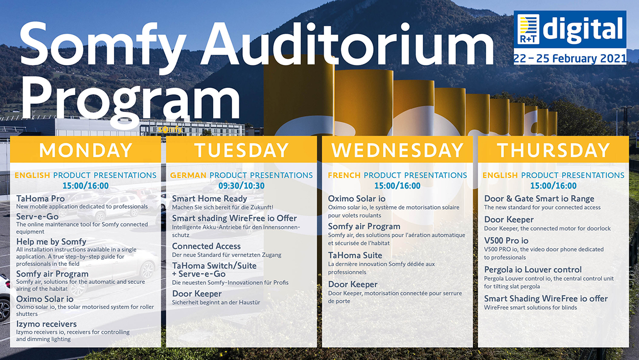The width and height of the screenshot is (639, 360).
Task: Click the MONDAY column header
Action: [85, 150]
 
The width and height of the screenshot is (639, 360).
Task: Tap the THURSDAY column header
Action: [554, 150]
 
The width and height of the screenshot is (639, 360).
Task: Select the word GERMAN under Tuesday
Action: [188, 175]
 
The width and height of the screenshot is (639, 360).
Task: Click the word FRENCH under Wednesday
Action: [344, 175]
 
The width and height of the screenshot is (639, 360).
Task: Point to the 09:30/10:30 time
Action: [241, 186]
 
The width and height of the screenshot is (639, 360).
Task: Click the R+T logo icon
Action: [529, 29]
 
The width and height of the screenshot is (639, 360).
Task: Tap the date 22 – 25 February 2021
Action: [570, 58]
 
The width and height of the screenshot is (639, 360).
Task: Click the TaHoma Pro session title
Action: [40, 198]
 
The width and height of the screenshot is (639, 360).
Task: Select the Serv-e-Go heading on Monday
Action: [37, 216]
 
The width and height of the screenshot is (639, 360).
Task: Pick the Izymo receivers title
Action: [47, 324]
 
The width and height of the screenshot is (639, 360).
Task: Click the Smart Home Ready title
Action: [210, 199]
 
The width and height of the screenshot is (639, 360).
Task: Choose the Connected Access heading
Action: [206, 246]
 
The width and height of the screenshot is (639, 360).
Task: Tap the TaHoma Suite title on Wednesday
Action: [355, 255]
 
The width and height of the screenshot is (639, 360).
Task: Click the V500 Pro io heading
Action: [506, 241]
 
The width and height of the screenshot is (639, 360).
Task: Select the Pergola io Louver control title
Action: [533, 270]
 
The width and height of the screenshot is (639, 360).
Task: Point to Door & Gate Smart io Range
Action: [539, 199]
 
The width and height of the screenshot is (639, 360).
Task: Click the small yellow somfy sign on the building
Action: [170, 130]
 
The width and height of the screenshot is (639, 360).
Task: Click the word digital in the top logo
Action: [583, 29]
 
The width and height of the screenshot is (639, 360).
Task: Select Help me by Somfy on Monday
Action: [51, 242]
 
